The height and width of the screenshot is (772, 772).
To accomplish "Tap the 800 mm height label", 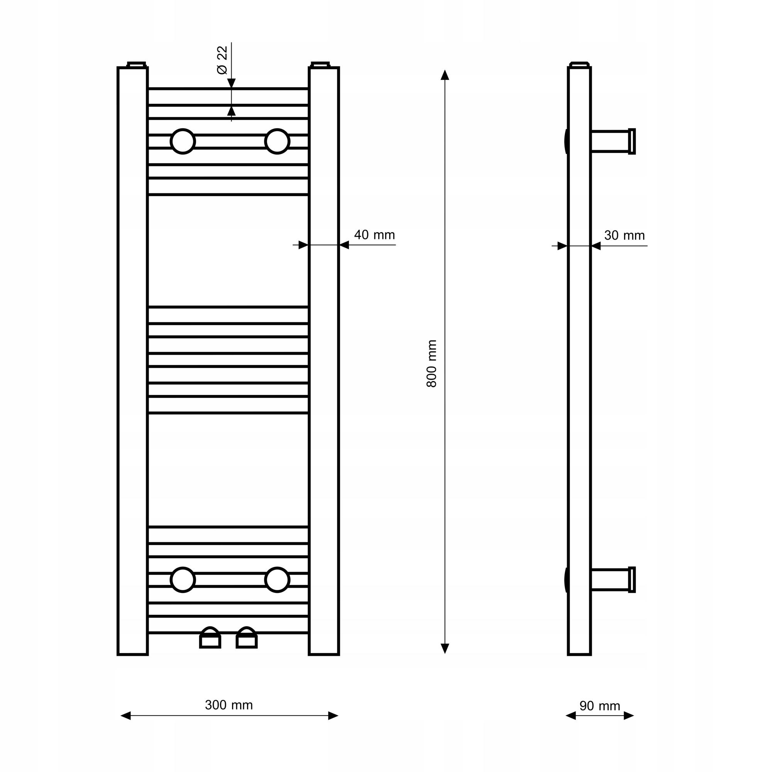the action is click(432, 364).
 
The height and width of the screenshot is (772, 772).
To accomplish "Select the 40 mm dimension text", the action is click(374, 235).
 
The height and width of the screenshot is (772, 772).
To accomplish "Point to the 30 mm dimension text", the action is click(625, 235).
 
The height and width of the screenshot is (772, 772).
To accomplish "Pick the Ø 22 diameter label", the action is click(222, 60).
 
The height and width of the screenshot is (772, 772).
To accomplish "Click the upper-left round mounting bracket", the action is click(183, 141).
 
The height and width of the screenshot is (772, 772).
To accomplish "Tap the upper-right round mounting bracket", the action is click(277, 141).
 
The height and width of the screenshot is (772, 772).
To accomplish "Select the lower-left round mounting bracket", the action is click(183, 579).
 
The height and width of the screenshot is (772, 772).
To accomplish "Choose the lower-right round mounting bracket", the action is click(277, 579).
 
